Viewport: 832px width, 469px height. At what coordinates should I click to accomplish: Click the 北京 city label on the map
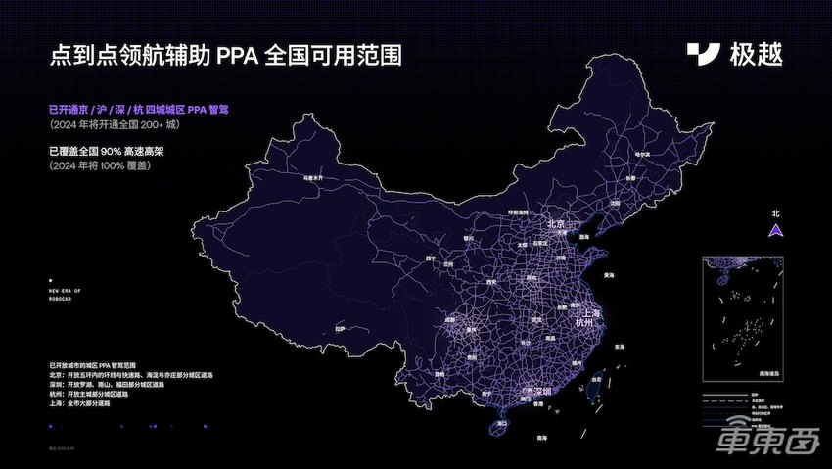pos(556,224)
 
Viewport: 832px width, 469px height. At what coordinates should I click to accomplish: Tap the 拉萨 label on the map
pos(341,329)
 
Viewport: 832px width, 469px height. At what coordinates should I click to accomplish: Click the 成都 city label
pos(450,318)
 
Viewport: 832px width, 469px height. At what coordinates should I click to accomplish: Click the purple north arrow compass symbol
pos(775,230)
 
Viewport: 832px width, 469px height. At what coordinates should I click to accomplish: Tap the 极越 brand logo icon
pos(703,55)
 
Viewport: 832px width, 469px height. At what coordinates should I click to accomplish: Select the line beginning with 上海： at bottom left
pos(88,403)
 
